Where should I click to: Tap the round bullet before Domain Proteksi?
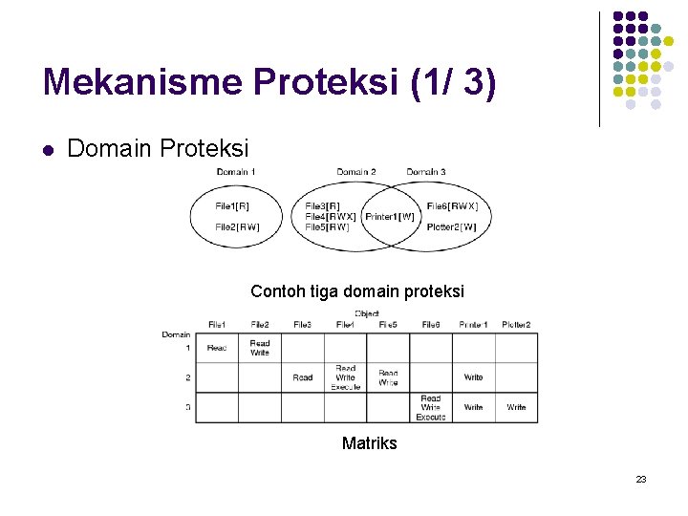47,149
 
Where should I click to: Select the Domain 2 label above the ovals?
355,172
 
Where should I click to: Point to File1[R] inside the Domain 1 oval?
232,205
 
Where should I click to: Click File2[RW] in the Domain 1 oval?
236,226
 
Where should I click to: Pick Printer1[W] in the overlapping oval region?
390,217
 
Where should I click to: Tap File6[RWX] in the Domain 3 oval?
452,205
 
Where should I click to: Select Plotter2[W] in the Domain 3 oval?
451,226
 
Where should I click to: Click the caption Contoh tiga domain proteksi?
357,291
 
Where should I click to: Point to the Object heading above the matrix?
367,313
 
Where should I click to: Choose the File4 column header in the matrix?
345,325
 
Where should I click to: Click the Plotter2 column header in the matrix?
516,325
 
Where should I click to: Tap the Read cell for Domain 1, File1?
217,348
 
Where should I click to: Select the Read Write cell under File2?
260,348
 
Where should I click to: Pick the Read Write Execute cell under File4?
346,377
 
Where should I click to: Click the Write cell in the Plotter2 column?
516,407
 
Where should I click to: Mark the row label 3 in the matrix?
187,407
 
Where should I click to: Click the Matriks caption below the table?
369,443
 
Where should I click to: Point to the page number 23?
641,479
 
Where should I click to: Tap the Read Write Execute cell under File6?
431,407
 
